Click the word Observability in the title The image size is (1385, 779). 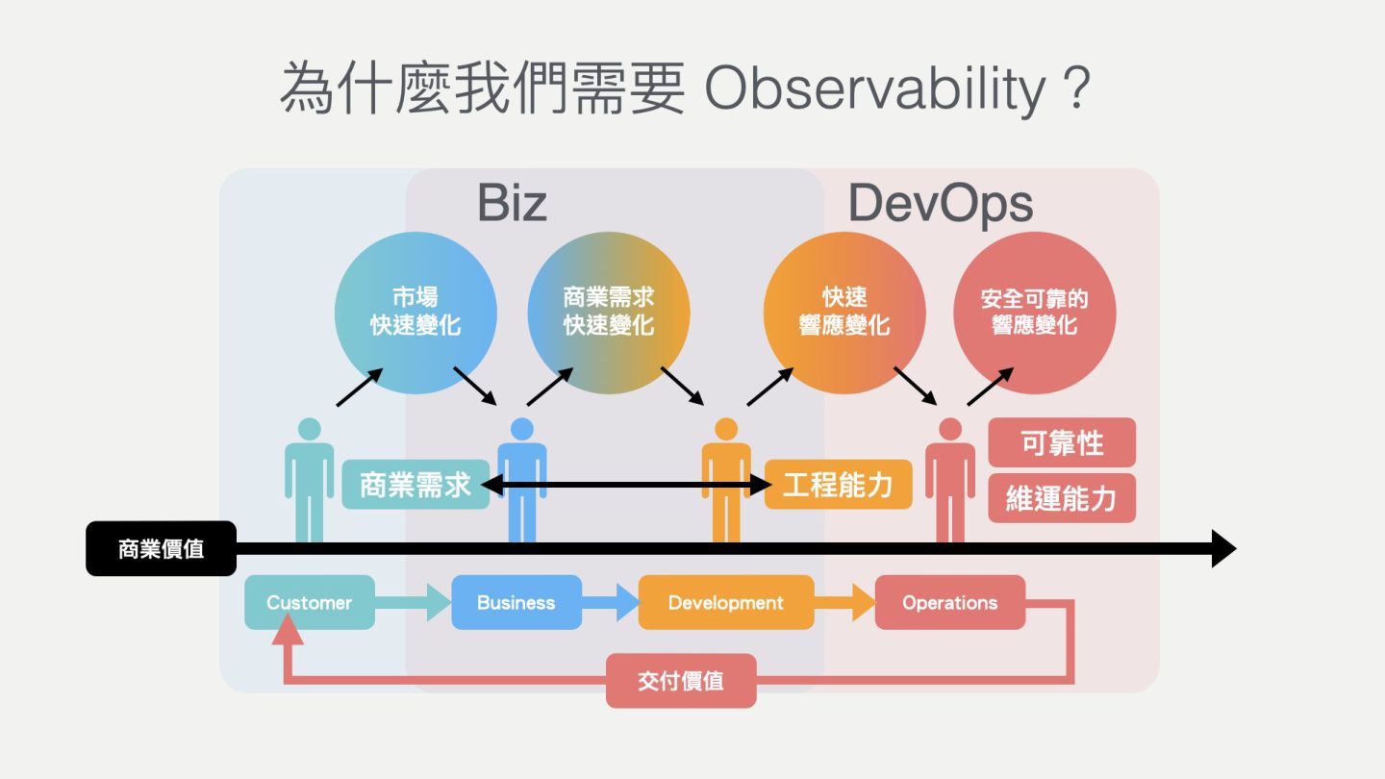[x=875, y=89]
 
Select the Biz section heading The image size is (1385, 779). [x=512, y=203]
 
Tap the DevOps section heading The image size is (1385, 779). [x=940, y=203]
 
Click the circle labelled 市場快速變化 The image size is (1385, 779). [x=415, y=312]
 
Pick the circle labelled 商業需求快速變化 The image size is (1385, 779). [x=609, y=312]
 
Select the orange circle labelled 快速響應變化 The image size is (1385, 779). [x=844, y=312]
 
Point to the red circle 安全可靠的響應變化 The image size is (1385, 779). [x=1034, y=312]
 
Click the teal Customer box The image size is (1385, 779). [x=309, y=603]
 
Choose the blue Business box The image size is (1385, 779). [x=516, y=603]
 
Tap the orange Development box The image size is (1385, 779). [x=726, y=603]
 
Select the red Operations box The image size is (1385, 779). [x=949, y=603]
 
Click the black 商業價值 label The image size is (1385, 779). [x=161, y=549]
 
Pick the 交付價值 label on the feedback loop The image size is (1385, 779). [x=681, y=681]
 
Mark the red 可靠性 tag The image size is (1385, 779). [x=1062, y=443]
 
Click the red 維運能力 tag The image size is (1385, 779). [x=1062, y=498]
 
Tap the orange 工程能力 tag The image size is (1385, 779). [x=838, y=485]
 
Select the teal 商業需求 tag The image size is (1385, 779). [x=415, y=485]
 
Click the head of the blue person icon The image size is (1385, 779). [x=521, y=429]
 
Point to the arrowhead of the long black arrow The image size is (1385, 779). [x=1222, y=549]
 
